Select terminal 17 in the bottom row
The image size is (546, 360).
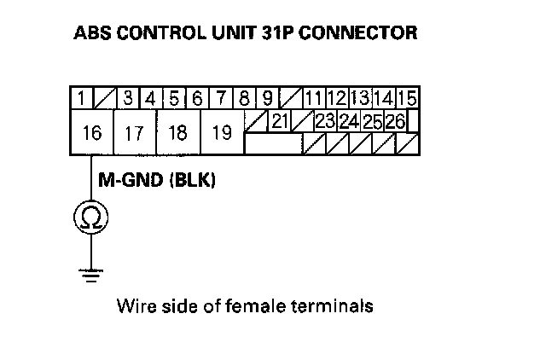click(134, 133)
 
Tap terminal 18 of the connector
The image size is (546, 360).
click(178, 133)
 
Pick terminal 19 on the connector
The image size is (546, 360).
click(221, 133)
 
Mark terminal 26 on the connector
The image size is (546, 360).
click(394, 121)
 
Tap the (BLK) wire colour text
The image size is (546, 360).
click(191, 182)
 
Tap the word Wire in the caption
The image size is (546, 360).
click(134, 305)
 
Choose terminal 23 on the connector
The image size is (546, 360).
click(324, 121)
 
